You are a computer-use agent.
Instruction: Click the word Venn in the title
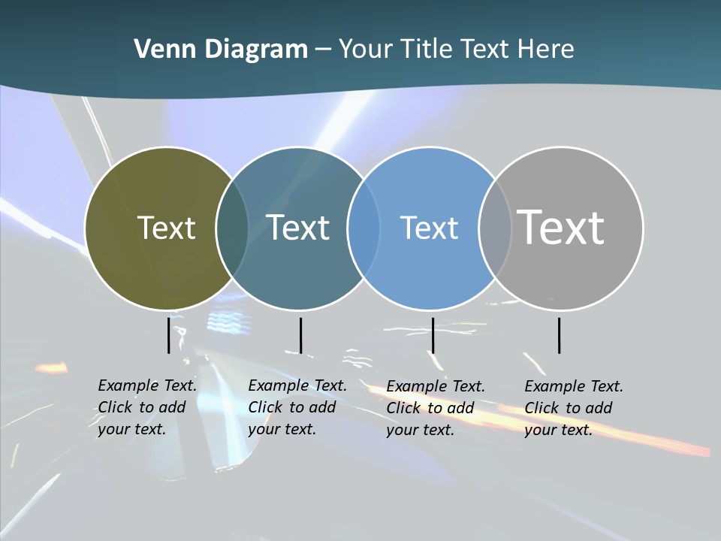(162, 50)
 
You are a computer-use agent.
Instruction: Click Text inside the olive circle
(166, 228)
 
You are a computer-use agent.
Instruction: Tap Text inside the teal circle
(298, 228)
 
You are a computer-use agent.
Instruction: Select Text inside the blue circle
(430, 228)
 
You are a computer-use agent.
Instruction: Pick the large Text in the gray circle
(561, 228)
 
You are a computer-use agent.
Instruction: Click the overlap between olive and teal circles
(232, 228)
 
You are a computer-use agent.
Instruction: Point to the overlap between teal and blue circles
(364, 228)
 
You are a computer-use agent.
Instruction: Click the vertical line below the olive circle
(168, 335)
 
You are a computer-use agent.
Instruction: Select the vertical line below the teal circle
(300, 335)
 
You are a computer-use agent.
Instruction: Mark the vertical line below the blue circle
(433, 335)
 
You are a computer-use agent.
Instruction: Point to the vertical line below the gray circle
(559, 335)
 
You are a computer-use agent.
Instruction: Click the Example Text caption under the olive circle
(147, 407)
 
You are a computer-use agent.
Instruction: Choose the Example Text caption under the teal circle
(297, 407)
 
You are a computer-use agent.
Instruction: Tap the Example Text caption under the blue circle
(436, 408)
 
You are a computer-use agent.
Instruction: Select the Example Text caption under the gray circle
(574, 408)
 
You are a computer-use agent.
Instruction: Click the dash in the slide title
(323, 50)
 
